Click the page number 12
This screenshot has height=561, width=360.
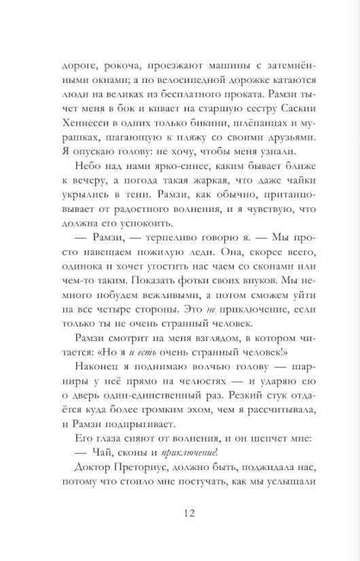180,531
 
